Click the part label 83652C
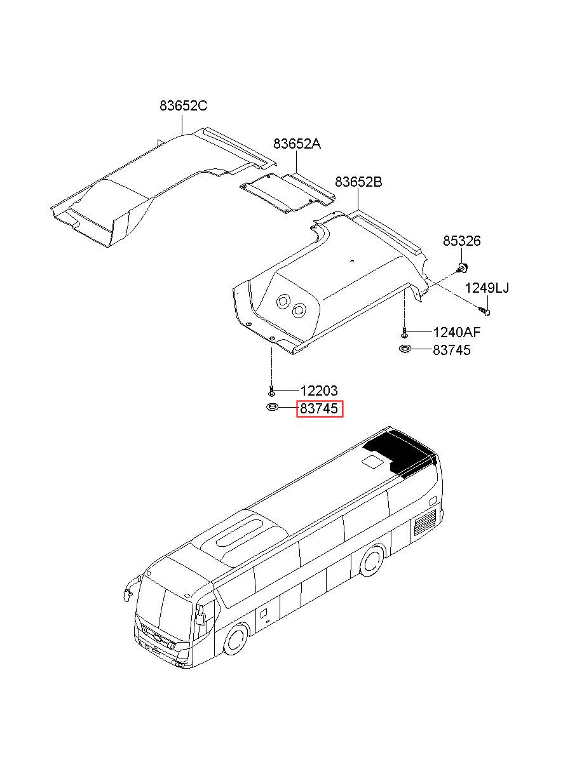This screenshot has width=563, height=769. [x=183, y=106]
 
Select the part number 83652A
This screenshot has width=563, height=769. [x=297, y=144]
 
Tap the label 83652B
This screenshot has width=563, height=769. [x=358, y=182]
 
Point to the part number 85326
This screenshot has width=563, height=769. [x=461, y=241]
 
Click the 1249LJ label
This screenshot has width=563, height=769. [x=487, y=288]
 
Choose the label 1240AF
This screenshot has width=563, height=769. [x=456, y=332]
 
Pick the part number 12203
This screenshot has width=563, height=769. [x=318, y=391]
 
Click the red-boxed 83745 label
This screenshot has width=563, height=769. [x=320, y=410]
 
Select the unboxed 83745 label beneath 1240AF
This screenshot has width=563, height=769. [x=452, y=350]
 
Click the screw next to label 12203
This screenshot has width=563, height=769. [x=271, y=391]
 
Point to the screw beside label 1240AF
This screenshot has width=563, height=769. [x=404, y=331]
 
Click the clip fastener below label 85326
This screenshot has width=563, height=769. [x=463, y=265]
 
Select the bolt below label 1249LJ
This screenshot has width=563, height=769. [x=485, y=311]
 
